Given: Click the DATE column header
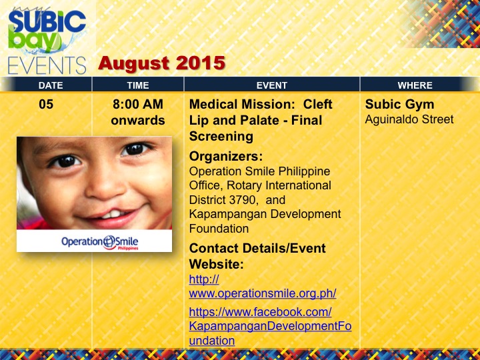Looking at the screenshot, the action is click(51, 85).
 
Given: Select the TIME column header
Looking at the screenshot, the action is click(138, 85).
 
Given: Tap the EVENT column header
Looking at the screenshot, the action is click(272, 85).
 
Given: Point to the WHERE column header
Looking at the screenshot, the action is click(415, 85).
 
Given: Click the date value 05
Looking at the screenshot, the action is click(46, 105).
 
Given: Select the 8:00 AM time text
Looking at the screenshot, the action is click(138, 105).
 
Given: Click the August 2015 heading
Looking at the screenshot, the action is click(161, 63).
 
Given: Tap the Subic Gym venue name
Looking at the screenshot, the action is click(399, 105).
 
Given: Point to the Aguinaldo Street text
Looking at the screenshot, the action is click(409, 119).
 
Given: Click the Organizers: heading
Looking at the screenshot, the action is click(226, 157).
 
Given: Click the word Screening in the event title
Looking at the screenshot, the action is click(221, 137).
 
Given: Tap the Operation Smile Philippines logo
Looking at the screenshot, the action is click(100, 242).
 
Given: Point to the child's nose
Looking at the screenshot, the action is click(104, 187).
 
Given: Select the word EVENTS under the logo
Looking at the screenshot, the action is click(47, 66).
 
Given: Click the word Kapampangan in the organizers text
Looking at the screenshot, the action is click(223, 214).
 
